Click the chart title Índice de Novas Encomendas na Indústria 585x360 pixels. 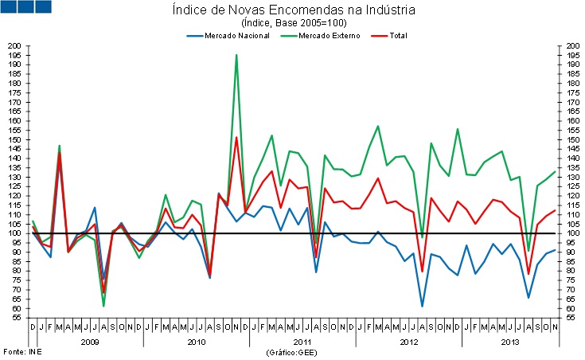293,10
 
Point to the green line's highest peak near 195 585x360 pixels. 236,55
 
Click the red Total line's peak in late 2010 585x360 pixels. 236,138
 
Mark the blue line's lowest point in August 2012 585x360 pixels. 422,306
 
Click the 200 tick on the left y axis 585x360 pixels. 15,46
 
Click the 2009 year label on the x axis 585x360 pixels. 90,341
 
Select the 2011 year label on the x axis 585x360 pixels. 302,341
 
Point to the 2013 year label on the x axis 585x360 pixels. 513,341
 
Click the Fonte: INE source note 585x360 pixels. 21,351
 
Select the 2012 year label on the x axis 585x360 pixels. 408,341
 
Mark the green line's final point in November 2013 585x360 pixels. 555,171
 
